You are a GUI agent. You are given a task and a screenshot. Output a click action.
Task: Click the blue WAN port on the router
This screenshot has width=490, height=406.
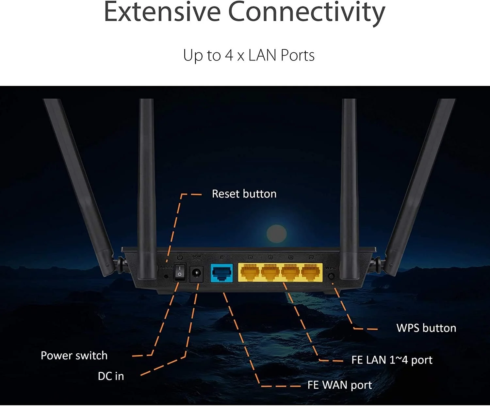click(x=222, y=273)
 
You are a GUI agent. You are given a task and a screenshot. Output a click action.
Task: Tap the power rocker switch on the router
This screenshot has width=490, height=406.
click(x=180, y=272)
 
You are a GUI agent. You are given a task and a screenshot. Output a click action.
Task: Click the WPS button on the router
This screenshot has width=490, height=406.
click(x=331, y=276)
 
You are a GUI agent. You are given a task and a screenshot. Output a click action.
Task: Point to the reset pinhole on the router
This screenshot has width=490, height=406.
click(x=166, y=276)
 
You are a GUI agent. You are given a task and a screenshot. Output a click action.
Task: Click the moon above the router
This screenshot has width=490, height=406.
click(x=276, y=234)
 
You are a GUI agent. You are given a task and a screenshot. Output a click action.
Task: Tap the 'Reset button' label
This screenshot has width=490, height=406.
click(x=244, y=194)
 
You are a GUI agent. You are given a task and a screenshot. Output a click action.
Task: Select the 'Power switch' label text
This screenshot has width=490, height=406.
click(x=74, y=355)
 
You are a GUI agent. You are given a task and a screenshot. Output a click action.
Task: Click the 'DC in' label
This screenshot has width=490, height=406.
click(x=111, y=376)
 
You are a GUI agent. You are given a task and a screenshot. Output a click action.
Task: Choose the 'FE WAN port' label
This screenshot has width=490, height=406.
click(x=339, y=385)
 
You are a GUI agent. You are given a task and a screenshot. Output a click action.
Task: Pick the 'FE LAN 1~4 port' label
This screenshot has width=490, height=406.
click(x=392, y=360)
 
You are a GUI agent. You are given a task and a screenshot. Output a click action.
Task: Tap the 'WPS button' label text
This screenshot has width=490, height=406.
click(x=426, y=328)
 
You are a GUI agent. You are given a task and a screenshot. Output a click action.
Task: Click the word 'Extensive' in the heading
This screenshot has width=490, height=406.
click(x=162, y=12)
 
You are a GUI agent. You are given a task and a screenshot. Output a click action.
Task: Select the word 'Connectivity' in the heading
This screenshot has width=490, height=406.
click(x=306, y=12)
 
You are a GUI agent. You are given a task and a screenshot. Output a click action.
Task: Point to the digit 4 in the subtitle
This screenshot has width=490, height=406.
click(x=229, y=55)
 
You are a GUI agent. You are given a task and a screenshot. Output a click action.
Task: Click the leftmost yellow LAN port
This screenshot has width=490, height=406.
click(x=250, y=272)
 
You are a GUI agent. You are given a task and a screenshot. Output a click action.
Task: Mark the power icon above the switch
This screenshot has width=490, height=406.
click(x=180, y=257)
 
